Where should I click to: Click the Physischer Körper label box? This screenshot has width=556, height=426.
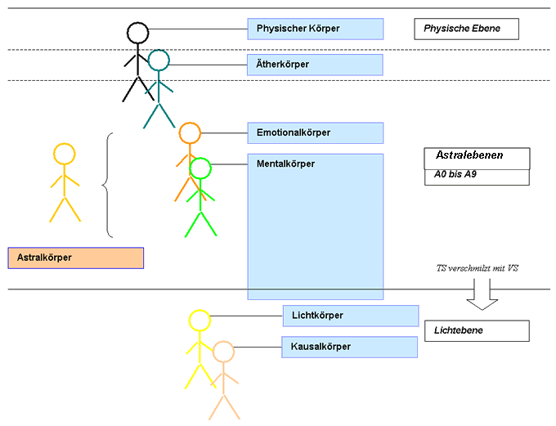click(315, 29)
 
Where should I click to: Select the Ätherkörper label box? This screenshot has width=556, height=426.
click(315, 64)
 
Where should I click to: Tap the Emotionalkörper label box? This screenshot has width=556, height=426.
click(315, 132)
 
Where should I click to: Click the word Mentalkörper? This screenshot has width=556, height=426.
click(285, 164)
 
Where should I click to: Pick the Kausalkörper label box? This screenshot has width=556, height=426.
click(349, 347)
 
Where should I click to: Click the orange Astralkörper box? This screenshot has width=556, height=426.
click(75, 258)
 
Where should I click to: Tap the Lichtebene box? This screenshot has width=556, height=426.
click(477, 330)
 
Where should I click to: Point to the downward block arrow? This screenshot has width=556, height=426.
click(482, 296)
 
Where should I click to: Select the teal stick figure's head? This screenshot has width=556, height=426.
click(159, 60)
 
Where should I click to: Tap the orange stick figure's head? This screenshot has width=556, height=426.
click(190, 132)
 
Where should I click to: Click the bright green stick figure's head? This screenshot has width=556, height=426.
click(200, 168)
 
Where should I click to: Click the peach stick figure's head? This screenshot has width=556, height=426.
click(223, 352)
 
